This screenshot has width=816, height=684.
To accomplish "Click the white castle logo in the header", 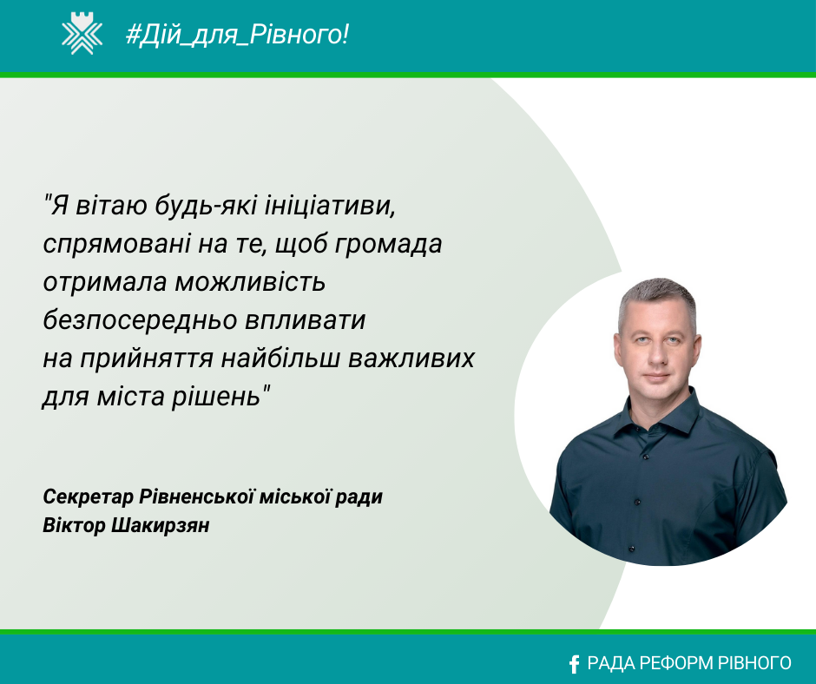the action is point(82,34).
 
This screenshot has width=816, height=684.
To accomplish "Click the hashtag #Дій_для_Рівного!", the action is point(237,35).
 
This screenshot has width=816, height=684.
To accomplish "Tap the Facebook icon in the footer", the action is point(574,664).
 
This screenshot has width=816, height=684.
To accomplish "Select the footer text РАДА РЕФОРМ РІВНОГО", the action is point(689,663).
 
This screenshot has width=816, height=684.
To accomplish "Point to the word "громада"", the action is point(388,244).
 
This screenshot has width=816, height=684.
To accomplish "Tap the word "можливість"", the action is point(250,282).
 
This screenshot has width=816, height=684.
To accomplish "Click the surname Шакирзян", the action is point(161,525).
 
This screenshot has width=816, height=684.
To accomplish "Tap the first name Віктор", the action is point(74,525).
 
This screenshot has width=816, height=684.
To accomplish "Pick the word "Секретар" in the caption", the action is point(88,497).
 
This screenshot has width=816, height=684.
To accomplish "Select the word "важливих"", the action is point(411,358).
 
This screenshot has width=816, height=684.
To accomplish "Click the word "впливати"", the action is point(305,320).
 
